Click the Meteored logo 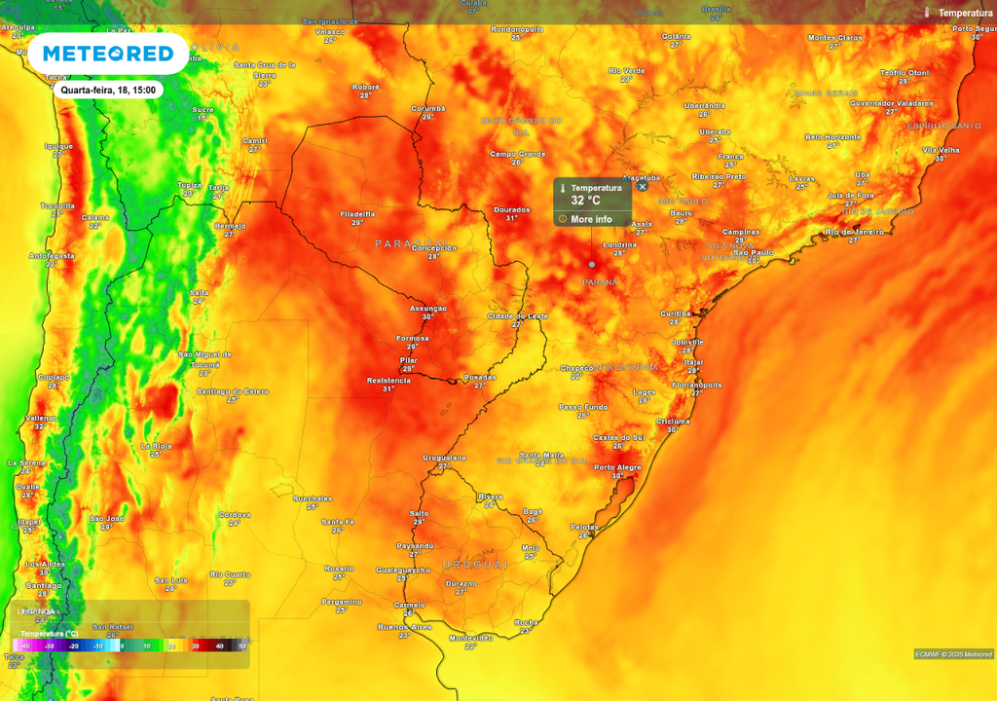coord(107,53)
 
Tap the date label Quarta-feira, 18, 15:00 coord(107,90)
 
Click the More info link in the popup coord(591,219)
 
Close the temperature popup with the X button coord(642,187)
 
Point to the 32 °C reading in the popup coord(585,201)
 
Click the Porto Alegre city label coord(617,468)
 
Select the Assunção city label coord(427,308)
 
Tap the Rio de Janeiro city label coord(853,232)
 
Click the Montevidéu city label coord(471,638)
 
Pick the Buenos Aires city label coord(404,627)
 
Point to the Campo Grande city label coord(517,154)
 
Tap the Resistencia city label coord(388,381)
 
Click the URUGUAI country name coord(475,565)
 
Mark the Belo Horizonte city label coord(832,137)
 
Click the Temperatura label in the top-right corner coord(965,13)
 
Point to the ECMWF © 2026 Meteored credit coord(953,654)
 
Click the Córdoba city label coord(235,515)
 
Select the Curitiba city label coord(675,314)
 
